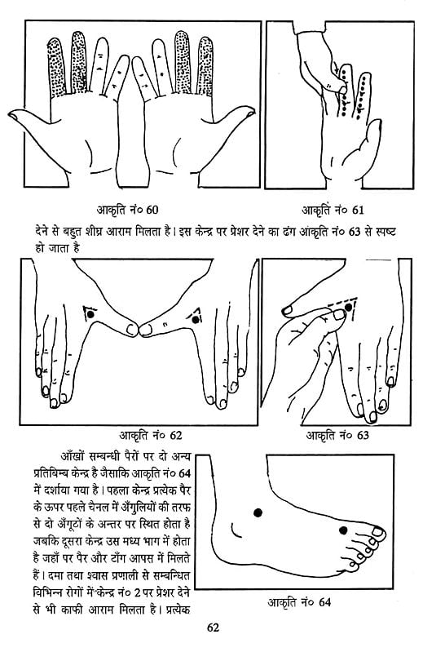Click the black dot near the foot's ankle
258,512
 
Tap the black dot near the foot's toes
341,531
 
